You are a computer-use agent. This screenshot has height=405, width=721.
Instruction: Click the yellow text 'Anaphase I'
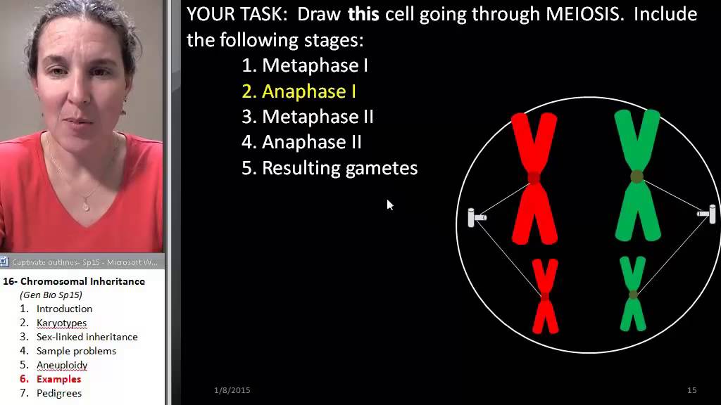[308, 91]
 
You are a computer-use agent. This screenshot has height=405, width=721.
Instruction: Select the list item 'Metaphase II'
[318, 117]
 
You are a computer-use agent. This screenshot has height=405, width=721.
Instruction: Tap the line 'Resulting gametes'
[339, 168]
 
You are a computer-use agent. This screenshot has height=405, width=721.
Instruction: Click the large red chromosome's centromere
[534, 178]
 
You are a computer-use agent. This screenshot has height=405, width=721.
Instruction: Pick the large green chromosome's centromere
[637, 176]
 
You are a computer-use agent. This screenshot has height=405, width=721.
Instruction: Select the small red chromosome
[545, 296]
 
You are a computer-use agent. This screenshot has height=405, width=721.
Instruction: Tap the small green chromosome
[633, 294]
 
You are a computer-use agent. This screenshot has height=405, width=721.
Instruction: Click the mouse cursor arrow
[389, 205]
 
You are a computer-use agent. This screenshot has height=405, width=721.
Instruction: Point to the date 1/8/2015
[232, 390]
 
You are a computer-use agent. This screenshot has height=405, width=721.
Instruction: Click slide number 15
[691, 390]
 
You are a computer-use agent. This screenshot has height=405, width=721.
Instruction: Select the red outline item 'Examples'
[58, 379]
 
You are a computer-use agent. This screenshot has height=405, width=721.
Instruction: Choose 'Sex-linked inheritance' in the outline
[87, 337]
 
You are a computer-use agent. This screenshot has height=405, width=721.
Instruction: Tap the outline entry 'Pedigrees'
[59, 393]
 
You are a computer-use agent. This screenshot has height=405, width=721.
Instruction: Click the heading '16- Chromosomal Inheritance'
[74, 281]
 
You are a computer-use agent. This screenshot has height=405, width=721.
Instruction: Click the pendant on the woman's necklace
[86, 205]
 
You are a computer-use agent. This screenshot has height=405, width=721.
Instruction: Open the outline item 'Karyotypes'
[61, 323]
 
